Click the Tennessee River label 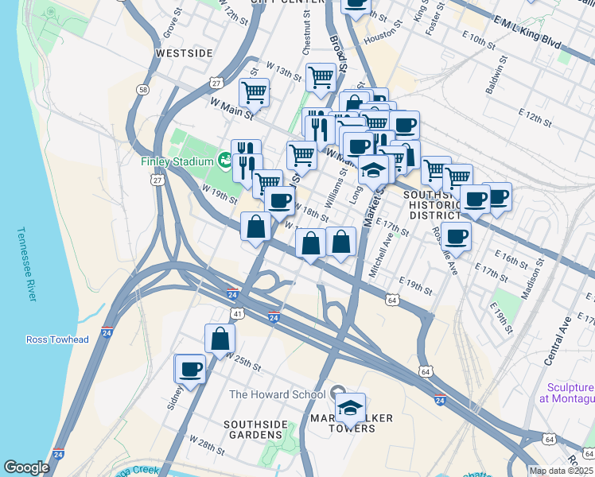tap(26, 266)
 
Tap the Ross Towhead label tap(57, 339)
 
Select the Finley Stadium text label tap(177, 161)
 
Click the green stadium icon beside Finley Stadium tap(224, 161)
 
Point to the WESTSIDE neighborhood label tap(185, 52)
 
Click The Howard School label tap(277, 394)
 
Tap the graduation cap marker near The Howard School tap(350, 409)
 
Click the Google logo tap(26, 467)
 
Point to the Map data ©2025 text tap(561, 471)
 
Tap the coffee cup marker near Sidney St tap(191, 369)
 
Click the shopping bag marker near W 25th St tap(220, 339)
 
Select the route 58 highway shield tap(142, 91)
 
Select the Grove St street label tap(168, 25)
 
